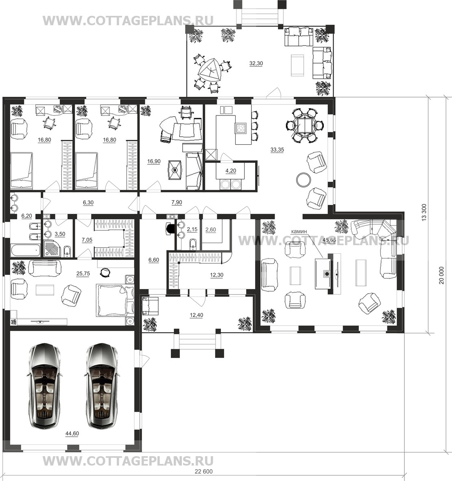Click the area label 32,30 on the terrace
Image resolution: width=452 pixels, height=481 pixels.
coord(256,63)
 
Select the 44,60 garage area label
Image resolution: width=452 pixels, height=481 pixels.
coord(72,433)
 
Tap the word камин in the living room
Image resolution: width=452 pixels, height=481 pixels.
coord(299,231)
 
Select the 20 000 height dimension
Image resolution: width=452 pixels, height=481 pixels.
coord(441,275)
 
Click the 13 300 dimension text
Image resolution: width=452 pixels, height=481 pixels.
coord(424,212)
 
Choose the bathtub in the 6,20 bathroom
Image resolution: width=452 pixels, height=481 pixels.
coord(26,250)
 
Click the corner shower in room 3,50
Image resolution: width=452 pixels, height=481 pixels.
coord(53,249)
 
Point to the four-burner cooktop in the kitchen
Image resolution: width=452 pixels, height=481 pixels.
coord(241,128)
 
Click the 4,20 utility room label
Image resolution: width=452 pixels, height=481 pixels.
coord(231,171)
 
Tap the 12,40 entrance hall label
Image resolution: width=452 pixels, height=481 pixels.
coord(197,315)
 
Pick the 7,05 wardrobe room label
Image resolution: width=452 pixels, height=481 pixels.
coord(87,240)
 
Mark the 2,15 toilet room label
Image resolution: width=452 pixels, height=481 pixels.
coord(192,229)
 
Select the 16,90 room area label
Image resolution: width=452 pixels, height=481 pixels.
coord(154,161)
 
